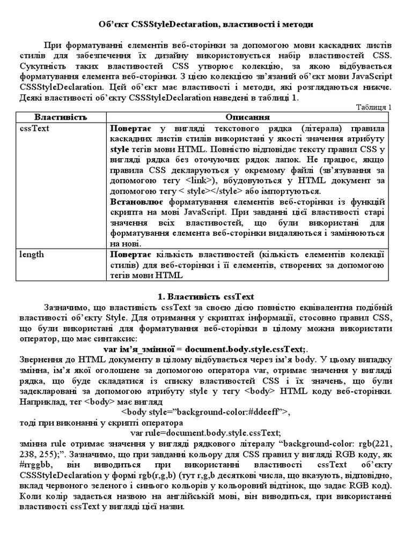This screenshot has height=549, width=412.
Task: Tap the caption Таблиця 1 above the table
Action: (374, 107)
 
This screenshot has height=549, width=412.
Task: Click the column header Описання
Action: (247, 117)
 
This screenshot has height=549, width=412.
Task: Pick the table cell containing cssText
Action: (32, 129)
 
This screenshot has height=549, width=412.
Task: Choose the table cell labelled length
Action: (32, 254)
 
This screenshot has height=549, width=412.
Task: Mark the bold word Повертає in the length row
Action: (130, 254)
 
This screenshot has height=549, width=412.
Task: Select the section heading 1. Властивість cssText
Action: (205, 296)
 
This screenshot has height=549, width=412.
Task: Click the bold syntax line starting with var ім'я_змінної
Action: (205, 349)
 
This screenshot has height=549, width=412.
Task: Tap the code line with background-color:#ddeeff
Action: (205, 412)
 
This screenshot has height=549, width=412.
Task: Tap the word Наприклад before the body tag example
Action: (41, 401)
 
